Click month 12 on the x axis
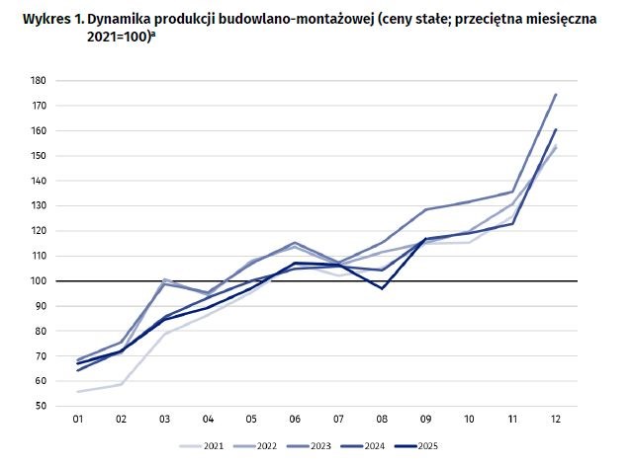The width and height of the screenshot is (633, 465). [x=555, y=422]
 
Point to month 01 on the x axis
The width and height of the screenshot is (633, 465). [x=77, y=422]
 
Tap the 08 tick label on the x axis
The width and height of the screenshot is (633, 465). [x=381, y=422]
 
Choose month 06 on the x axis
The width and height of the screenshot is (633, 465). [x=294, y=422]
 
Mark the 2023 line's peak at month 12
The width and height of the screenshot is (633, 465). [x=555, y=95]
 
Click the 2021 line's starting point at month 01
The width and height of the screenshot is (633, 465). [x=77, y=392]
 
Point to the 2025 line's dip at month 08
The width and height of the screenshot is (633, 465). [x=381, y=288]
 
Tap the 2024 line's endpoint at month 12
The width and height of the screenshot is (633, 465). [x=555, y=129]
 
